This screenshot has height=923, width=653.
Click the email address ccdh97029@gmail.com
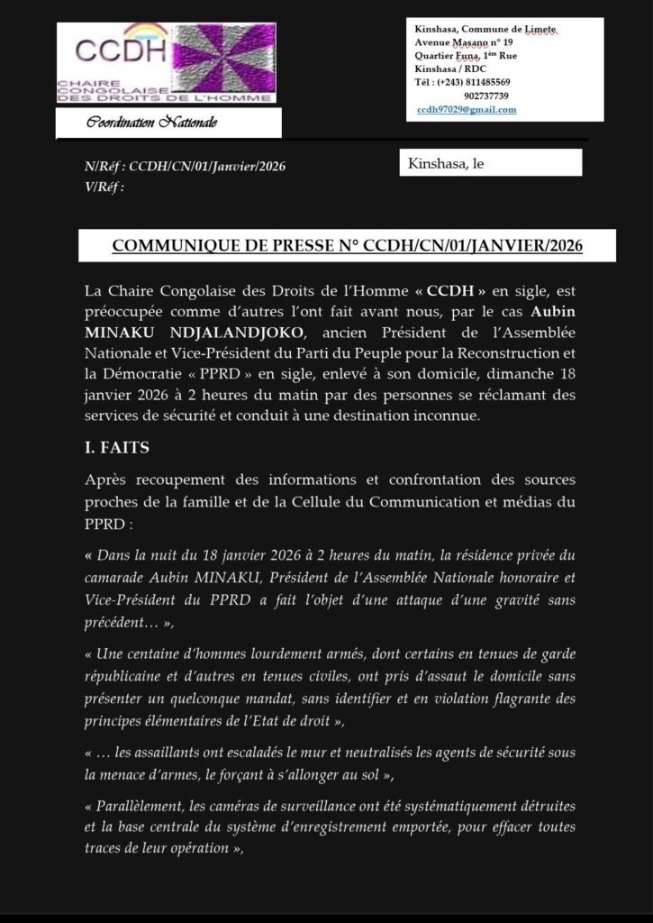click(467, 109)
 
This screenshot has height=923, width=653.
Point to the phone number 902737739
click(486, 96)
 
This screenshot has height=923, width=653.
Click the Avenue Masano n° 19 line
click(464, 42)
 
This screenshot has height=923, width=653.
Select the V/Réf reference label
click(103, 187)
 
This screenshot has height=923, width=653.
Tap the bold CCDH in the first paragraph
click(448, 291)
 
